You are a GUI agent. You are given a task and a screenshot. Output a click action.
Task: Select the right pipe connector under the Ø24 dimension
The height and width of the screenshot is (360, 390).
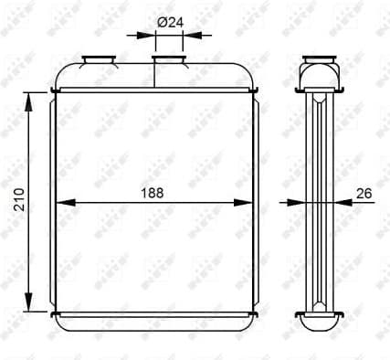pos(168,61)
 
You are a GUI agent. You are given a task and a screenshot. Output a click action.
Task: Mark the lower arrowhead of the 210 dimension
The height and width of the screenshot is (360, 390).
pos(32,302)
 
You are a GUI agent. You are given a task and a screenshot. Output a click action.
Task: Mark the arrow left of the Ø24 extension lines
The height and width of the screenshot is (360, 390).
pos(146,37)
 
